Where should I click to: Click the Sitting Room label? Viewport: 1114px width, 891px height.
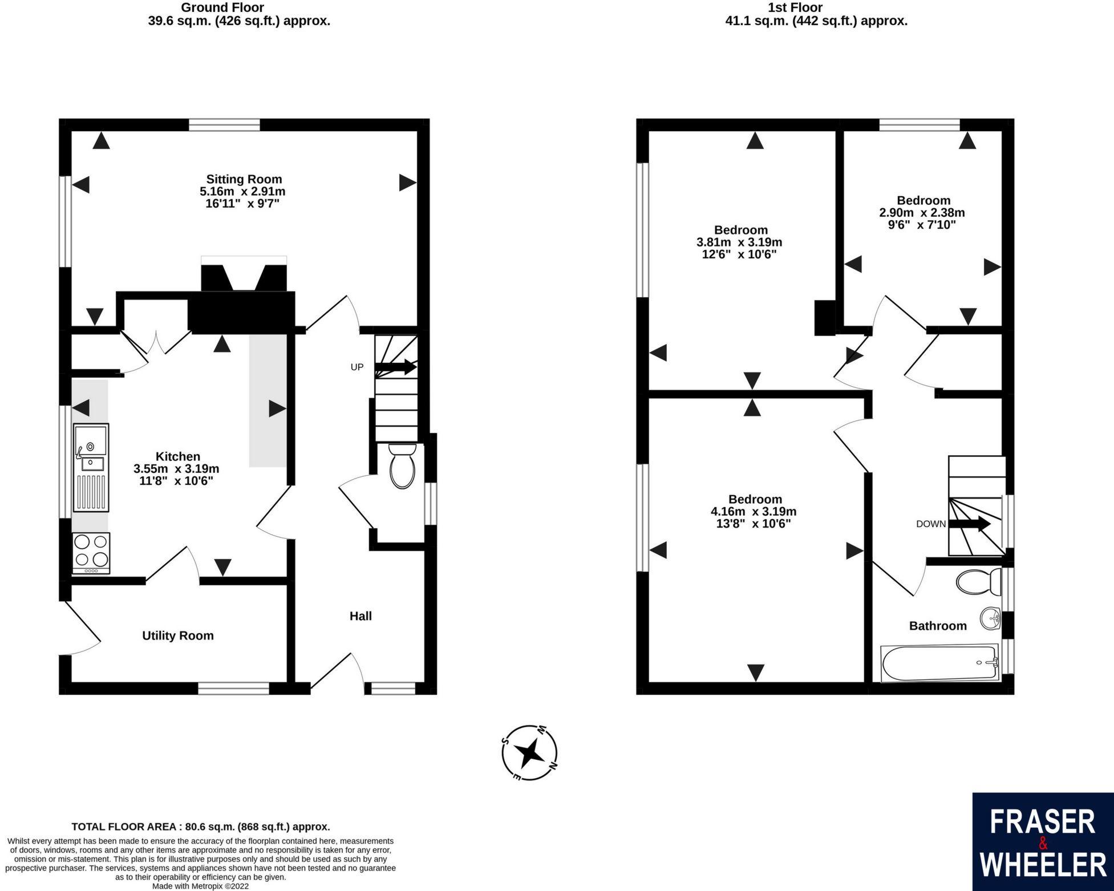click(x=244, y=179)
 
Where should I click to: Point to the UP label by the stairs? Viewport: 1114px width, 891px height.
click(x=357, y=367)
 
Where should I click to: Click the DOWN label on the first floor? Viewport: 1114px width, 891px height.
click(x=931, y=524)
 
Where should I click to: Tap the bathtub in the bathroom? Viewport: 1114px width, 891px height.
click(x=940, y=663)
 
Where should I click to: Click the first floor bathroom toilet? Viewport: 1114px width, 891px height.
click(x=979, y=582)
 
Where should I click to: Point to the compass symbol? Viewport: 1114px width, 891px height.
click(x=530, y=753)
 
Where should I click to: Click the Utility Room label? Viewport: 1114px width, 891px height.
click(x=178, y=635)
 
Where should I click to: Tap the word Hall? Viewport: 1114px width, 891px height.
click(x=360, y=616)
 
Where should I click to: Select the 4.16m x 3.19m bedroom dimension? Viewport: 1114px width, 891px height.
click(x=754, y=512)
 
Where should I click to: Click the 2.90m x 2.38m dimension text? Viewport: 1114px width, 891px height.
click(x=922, y=213)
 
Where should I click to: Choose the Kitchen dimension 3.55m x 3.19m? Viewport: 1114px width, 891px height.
click(x=176, y=469)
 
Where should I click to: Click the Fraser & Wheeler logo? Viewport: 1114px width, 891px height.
click(x=1043, y=842)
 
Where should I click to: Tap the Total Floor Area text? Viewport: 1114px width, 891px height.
click(x=201, y=827)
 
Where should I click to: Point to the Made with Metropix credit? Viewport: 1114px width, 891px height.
click(x=201, y=886)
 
